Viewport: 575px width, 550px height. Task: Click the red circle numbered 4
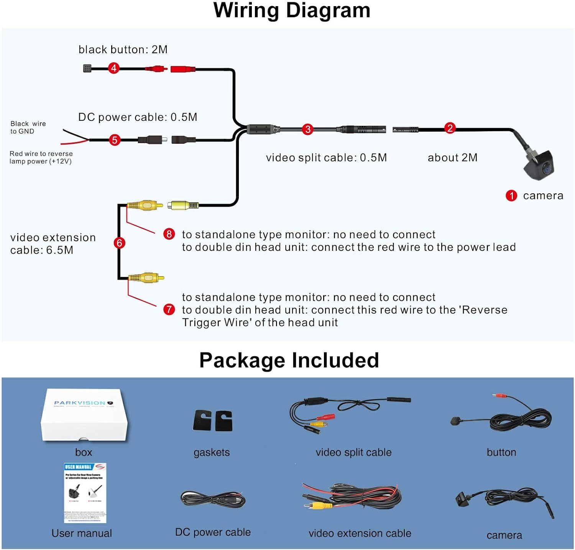click(x=113, y=68)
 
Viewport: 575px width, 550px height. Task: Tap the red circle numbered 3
click(x=307, y=129)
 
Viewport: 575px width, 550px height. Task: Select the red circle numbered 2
click(x=450, y=128)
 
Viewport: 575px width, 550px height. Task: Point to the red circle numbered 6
click(x=119, y=243)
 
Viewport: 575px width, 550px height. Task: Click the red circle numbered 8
click(x=169, y=234)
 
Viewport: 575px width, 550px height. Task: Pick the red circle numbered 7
click(x=169, y=309)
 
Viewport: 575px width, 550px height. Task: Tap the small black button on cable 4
click(x=87, y=69)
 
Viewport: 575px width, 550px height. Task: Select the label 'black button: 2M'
click(x=123, y=49)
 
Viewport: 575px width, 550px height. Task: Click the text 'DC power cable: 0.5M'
click(x=138, y=117)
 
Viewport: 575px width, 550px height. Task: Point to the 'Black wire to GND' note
click(x=28, y=127)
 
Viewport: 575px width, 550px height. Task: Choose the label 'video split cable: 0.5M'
click(x=326, y=158)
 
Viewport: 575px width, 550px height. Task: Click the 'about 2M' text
click(x=452, y=158)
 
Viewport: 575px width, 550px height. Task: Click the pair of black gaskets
click(x=213, y=420)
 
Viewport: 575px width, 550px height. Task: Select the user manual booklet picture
click(x=85, y=493)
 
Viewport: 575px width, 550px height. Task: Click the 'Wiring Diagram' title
click(x=292, y=11)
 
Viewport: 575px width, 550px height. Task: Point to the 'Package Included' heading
click(x=289, y=360)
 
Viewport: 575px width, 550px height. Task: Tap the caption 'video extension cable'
click(x=360, y=533)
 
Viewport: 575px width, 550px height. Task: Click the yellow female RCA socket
click(x=183, y=206)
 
